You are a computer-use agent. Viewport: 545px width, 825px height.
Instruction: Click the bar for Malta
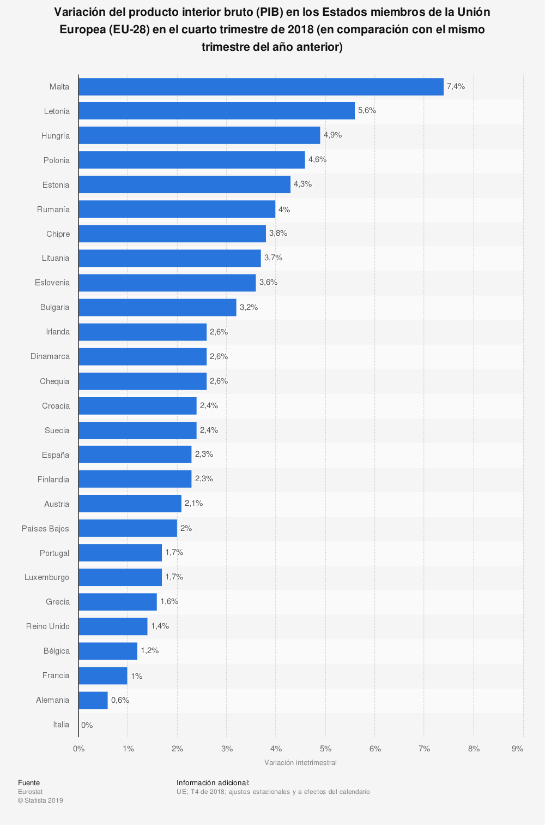[x=261, y=87]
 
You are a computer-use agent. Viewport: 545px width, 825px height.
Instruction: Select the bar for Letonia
[x=216, y=111]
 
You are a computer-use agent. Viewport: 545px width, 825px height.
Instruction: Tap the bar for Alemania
[x=93, y=700]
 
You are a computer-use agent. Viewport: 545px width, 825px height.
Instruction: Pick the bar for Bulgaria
[x=157, y=307]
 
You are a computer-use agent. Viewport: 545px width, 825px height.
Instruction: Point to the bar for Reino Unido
[x=113, y=626]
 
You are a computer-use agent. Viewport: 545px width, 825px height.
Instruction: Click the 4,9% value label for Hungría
[x=332, y=135]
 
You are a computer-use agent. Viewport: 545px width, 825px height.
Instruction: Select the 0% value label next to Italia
[x=87, y=725]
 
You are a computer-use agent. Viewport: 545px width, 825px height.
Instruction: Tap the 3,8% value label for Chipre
[x=278, y=233]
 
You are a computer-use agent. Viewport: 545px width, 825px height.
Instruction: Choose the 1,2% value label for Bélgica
[x=150, y=650]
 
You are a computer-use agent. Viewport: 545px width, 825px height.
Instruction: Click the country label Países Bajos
[x=45, y=528]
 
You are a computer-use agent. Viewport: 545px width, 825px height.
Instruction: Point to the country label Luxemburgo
[x=47, y=577]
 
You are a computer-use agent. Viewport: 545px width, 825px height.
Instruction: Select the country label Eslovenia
[x=52, y=283]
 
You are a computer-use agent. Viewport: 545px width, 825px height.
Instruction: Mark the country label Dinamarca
[x=50, y=356]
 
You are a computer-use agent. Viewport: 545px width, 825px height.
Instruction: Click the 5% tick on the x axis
[x=325, y=749]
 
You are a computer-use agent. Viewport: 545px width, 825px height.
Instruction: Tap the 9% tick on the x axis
[x=518, y=749]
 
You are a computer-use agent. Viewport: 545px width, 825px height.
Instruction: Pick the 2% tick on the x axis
[x=177, y=749]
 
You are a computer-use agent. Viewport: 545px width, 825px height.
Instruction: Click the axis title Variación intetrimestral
[x=300, y=762]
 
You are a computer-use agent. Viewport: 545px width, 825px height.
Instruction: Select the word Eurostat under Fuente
[x=30, y=791]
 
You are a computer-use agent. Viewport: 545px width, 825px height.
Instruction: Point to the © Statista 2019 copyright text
[x=40, y=800]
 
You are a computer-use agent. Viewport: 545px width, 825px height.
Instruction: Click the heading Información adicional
[x=213, y=782]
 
